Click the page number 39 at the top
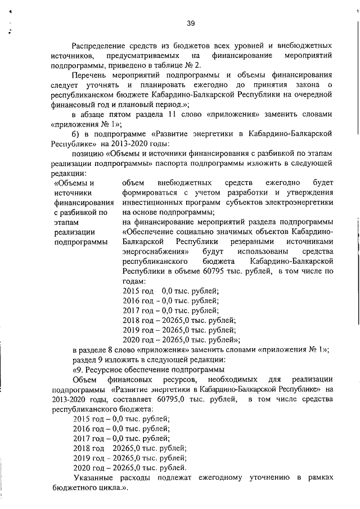coord(190,23)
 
